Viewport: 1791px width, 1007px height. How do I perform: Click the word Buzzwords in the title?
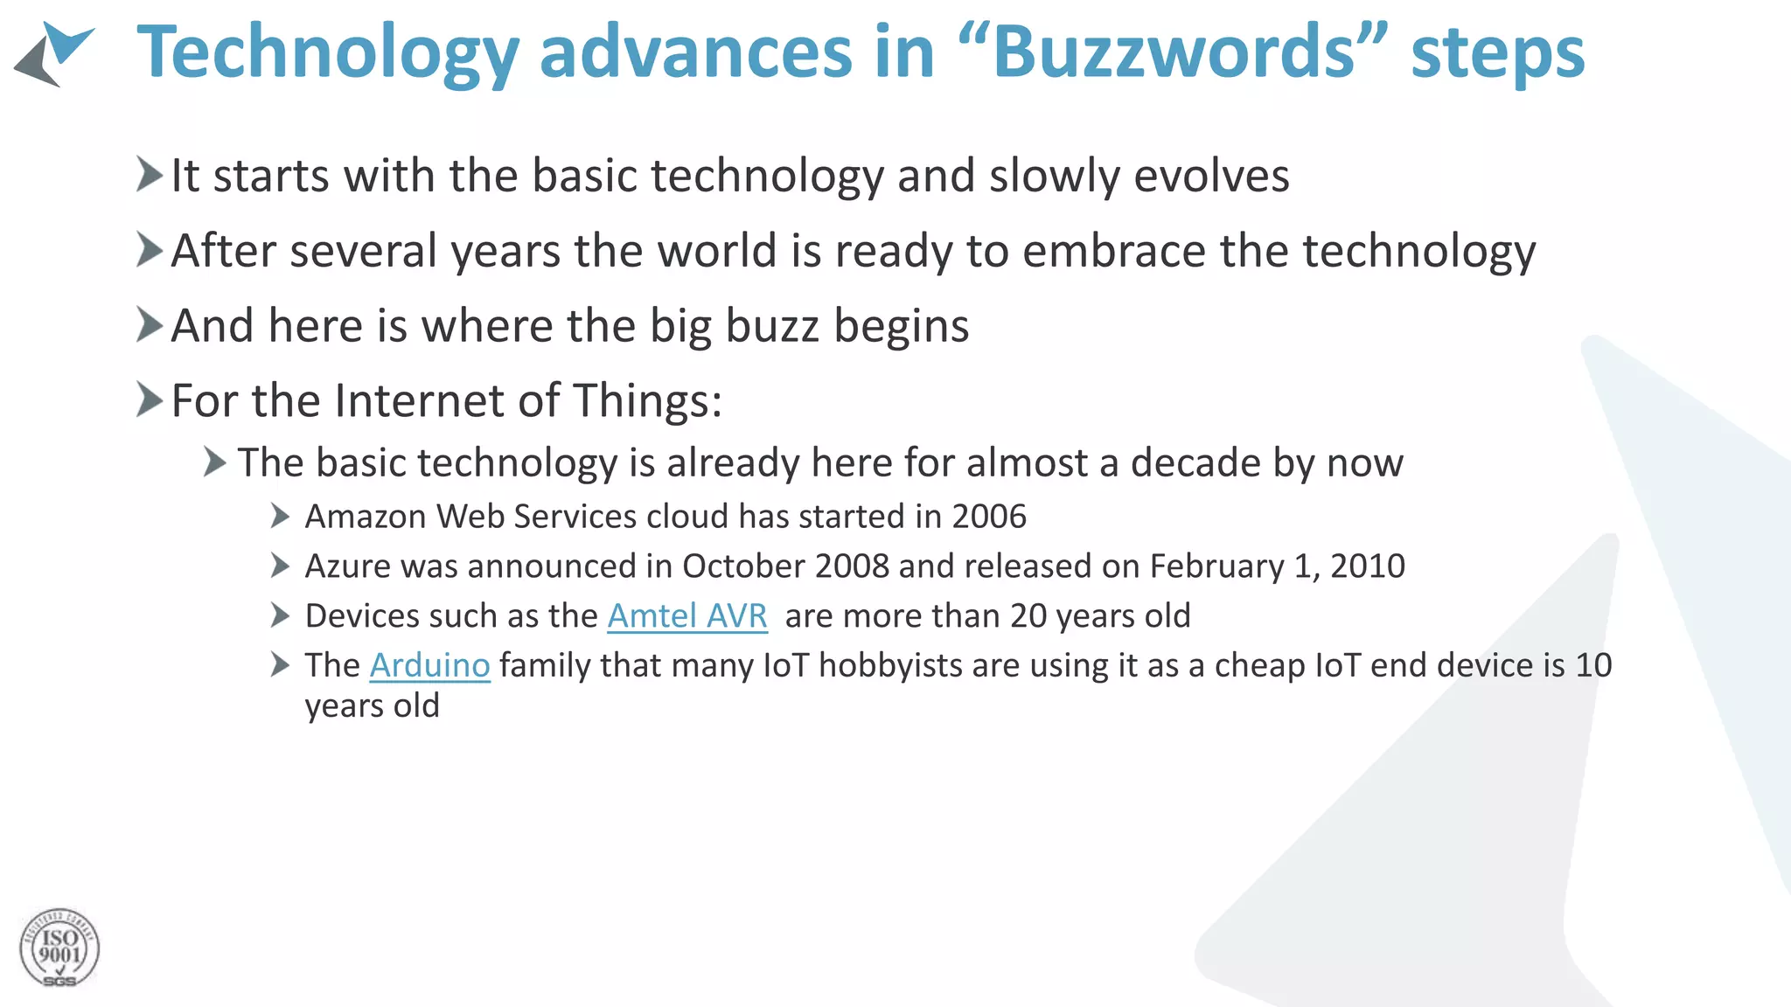coord(1172,52)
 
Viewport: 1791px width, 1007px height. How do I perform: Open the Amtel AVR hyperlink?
coord(687,616)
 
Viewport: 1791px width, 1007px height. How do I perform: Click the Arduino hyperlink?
coord(429,666)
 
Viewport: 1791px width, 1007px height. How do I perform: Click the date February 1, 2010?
coord(1277,566)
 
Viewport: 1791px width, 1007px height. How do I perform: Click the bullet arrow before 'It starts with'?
coord(150,174)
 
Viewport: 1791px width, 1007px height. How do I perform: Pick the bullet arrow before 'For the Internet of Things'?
coord(150,400)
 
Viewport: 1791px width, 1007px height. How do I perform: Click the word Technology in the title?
coord(328,52)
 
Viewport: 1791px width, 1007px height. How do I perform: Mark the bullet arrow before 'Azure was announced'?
coord(280,566)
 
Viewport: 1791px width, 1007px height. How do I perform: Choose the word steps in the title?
coord(1497,52)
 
